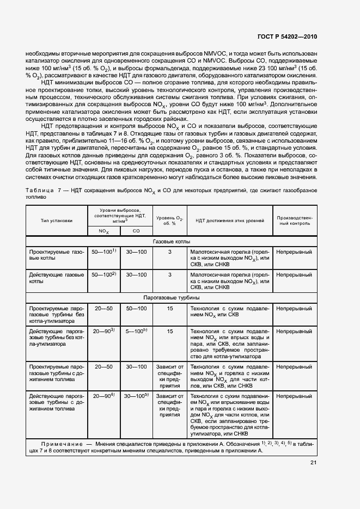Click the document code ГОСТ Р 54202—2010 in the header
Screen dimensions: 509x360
(x=287, y=37)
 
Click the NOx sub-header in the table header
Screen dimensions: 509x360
(x=103, y=231)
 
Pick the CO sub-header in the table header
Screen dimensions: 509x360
(x=137, y=231)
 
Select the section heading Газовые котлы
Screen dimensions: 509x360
(x=170, y=241)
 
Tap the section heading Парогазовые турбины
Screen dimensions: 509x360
(x=170, y=298)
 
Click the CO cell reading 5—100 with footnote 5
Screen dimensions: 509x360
(x=137, y=331)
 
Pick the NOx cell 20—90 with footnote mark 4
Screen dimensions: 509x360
(x=103, y=396)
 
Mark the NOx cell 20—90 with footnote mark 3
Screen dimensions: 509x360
(x=103, y=331)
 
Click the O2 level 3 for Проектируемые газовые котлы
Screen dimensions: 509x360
(x=170, y=253)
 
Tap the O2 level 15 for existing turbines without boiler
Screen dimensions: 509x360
(x=170, y=331)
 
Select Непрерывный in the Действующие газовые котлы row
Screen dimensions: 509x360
(x=294, y=275)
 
